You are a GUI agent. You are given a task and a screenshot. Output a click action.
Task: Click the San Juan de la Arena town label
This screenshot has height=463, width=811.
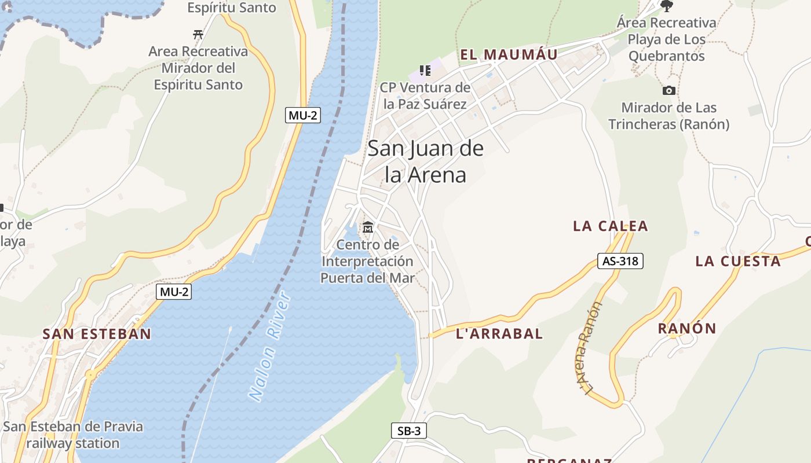426,161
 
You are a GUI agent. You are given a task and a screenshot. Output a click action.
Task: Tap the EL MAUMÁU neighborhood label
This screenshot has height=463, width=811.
509,55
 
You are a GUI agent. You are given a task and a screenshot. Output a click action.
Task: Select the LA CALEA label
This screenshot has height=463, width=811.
611,226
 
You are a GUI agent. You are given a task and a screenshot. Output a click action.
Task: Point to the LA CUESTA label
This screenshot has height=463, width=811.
738,261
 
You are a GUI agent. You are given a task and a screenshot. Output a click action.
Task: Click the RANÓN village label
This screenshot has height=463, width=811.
687,329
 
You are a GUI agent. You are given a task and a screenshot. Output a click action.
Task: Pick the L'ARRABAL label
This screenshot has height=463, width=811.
499,333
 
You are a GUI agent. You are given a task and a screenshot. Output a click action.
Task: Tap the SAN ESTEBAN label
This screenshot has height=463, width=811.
97,334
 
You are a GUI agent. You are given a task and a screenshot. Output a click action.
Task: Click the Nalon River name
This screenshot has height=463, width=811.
271,347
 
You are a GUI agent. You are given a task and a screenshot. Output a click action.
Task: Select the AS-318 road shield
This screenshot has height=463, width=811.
620,261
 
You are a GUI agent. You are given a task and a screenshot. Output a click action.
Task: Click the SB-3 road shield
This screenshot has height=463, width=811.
409,431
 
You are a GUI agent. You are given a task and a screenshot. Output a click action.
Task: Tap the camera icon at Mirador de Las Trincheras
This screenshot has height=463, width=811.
669,90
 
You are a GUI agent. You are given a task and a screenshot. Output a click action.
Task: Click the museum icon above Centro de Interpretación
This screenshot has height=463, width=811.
368,227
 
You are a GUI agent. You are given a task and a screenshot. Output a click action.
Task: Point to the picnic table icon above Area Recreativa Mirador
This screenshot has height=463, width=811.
198,34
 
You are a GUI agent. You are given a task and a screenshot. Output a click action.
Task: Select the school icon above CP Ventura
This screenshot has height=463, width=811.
425,71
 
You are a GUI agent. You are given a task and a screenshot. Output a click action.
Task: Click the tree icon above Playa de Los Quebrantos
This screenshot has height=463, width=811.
667,6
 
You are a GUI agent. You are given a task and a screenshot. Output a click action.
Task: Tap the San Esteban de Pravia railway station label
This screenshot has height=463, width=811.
73,435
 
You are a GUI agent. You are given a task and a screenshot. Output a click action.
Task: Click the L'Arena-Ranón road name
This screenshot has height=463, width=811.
590,349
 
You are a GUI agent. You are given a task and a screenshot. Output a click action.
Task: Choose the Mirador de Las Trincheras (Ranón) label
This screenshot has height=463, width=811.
668,116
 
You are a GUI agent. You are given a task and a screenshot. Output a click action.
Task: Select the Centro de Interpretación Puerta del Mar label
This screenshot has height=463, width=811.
368,262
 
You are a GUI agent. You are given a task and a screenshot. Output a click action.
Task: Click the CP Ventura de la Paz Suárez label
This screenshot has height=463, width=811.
425,96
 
